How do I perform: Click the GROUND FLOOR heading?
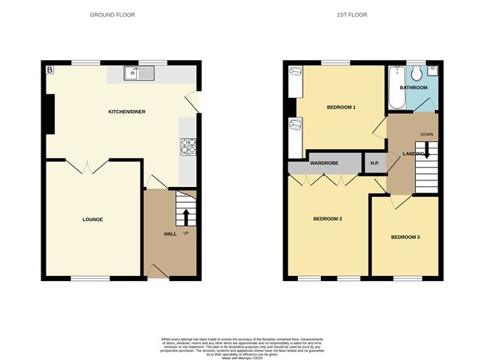click(x=112, y=14)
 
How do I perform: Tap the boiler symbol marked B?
click(x=50, y=70)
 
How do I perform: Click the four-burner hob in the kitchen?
click(x=188, y=146)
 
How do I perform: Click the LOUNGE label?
click(x=92, y=219)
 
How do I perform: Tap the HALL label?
click(x=170, y=234)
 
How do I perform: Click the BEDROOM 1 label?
click(x=341, y=107)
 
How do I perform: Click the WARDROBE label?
click(x=325, y=164)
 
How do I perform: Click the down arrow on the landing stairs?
click(x=427, y=151)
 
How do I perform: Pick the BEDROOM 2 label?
click(x=327, y=219)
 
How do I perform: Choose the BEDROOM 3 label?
click(x=405, y=237)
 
